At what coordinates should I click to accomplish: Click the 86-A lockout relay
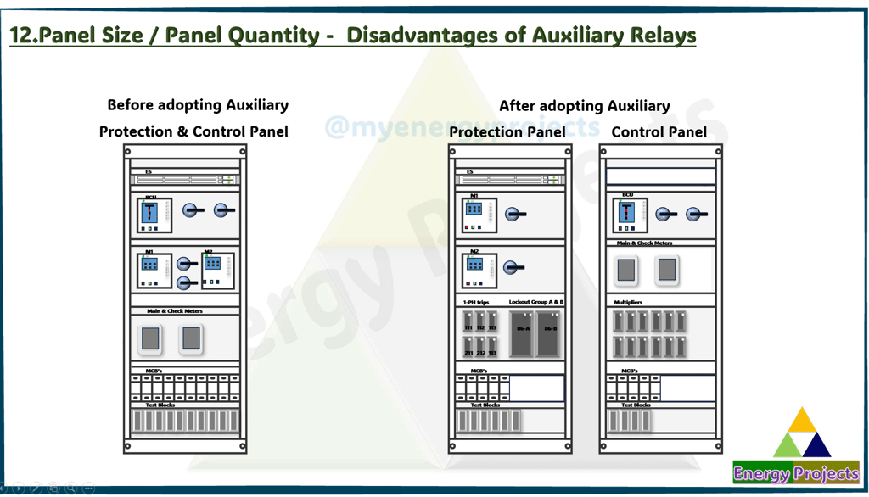521,333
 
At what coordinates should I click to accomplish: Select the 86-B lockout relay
549,333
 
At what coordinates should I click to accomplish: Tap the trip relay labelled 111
468,323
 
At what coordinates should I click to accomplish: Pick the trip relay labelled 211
468,348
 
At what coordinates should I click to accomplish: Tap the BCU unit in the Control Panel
630,215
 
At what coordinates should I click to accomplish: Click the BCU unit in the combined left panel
154,215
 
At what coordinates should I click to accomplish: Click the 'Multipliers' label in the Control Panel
628,302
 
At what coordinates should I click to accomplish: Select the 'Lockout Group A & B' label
536,302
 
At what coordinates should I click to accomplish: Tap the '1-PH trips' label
475,302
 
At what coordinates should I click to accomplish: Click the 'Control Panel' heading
659,131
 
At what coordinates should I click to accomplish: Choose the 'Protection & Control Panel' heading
193,131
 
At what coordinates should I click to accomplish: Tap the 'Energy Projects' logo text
796,474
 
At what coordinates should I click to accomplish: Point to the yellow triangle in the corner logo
802,422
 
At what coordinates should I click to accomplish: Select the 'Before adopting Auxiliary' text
198,105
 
